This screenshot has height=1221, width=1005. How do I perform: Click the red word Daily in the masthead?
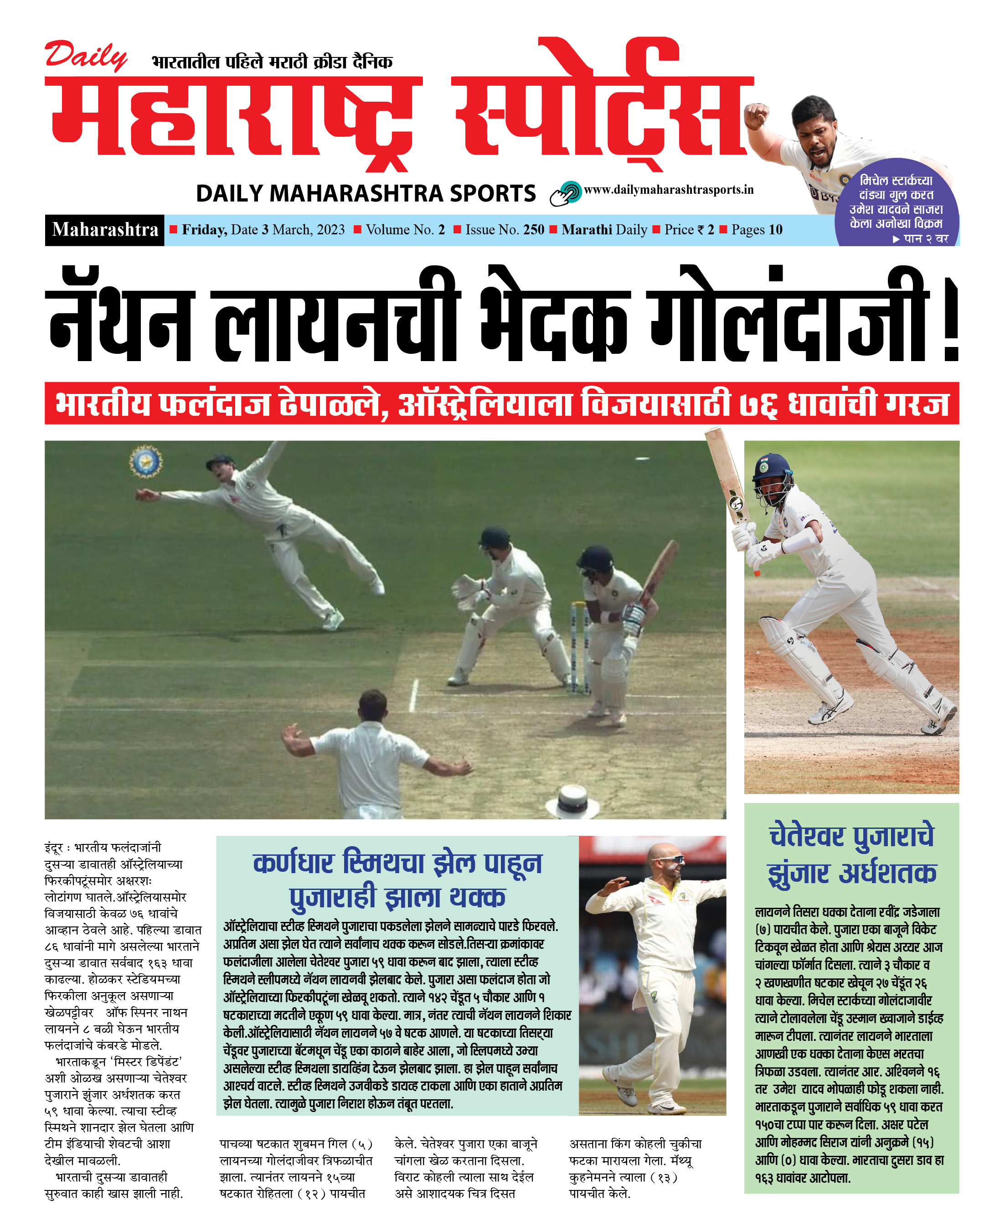coord(86,56)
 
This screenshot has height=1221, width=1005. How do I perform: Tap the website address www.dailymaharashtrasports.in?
coord(668,190)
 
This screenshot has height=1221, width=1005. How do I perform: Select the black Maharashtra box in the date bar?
coord(105,230)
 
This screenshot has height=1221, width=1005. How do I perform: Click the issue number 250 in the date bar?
coord(533,230)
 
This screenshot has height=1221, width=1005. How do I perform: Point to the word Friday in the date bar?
coord(204,230)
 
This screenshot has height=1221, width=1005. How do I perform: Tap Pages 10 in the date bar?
coord(756,230)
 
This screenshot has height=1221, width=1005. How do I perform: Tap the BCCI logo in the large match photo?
coord(145,461)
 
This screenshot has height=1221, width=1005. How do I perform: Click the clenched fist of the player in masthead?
coord(757,114)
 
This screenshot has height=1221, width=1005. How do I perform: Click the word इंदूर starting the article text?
coord(55,848)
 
